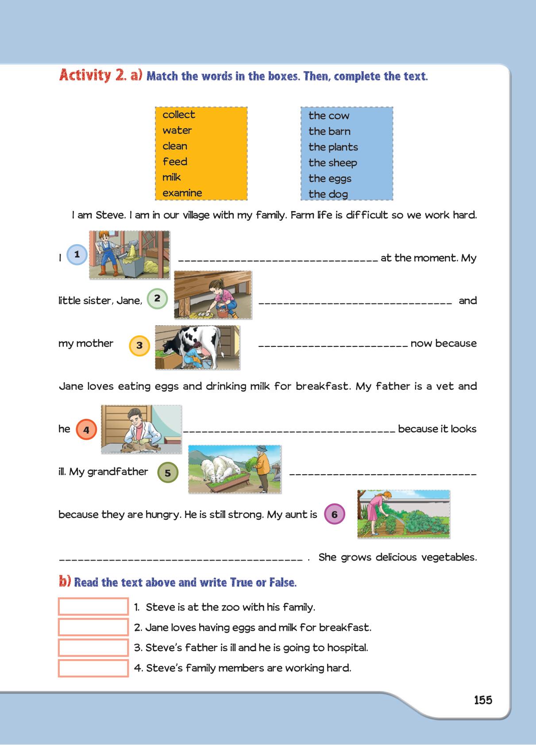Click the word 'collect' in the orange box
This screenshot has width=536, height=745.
point(178,115)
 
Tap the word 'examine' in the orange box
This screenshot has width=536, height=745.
point(182,193)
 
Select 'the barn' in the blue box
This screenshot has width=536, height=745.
point(329,131)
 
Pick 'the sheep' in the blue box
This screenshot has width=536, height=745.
point(332,163)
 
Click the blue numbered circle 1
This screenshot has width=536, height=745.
point(77,254)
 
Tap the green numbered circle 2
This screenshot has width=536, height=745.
point(157,299)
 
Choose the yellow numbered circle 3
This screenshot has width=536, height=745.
point(139,346)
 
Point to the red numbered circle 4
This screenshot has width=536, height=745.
point(86,430)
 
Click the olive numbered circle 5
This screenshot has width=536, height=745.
point(168,472)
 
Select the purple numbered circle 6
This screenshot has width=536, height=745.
point(334,515)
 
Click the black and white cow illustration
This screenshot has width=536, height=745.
point(197,347)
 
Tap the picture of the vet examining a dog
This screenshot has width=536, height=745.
point(141,429)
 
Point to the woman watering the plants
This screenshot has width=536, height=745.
point(404,514)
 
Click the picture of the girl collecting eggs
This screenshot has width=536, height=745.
point(213,295)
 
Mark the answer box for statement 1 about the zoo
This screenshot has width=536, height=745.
point(93,607)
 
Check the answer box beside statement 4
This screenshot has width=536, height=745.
point(93,668)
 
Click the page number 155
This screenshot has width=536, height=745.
point(483,700)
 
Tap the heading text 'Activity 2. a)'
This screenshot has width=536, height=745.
point(100,75)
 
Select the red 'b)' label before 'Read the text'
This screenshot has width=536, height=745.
point(65,581)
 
